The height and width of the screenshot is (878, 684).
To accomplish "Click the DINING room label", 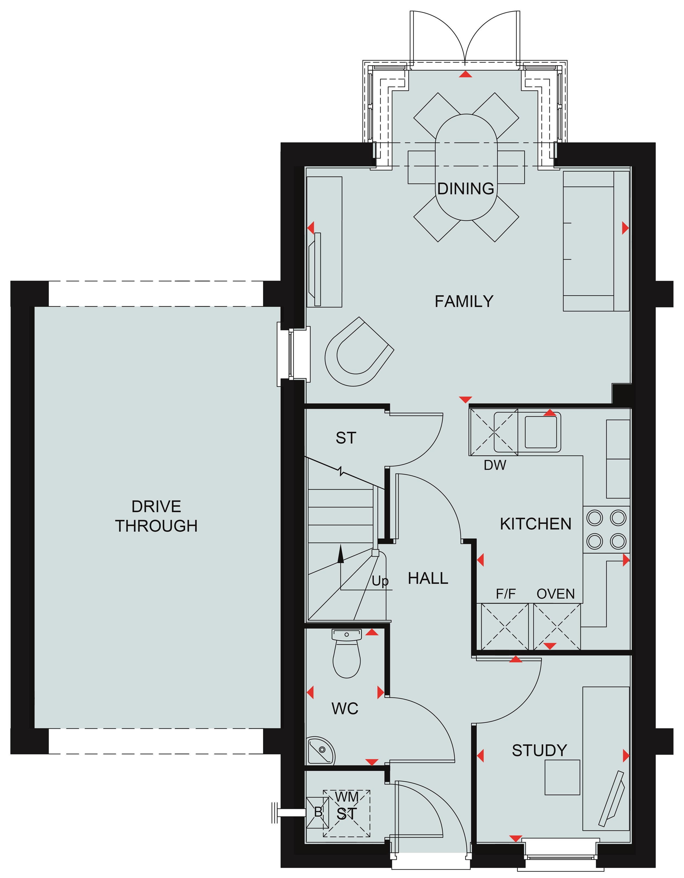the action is [x=466, y=188].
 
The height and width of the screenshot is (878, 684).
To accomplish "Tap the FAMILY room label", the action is [x=464, y=301].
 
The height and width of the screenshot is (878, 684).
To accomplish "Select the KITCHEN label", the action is [x=536, y=524].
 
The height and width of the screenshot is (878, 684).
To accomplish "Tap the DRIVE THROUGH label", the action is [x=156, y=516].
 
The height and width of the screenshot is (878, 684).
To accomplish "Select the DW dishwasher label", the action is [x=495, y=465].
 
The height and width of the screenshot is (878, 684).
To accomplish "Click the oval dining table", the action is [x=466, y=167].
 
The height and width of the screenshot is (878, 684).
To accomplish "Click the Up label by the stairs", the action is [x=380, y=581].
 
